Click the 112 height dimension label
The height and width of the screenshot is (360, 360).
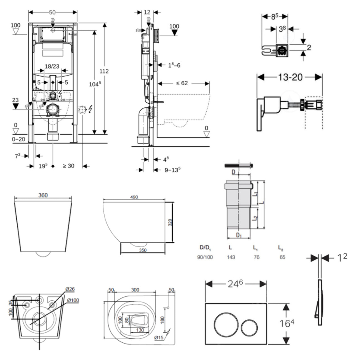coord(104,71)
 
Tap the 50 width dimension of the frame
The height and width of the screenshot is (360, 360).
coord(52,12)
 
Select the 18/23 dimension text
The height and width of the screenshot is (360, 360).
coord(52,66)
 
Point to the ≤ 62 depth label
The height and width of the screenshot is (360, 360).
coord(182,83)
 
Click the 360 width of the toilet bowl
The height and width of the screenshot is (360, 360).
coord(43,195)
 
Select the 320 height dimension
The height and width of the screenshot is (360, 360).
coord(170,222)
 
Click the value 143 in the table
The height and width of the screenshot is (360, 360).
coord(231,257)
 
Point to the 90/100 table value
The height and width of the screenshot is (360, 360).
coord(205,257)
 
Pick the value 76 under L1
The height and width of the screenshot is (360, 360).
coord(256,257)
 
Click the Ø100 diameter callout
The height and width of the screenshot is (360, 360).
coord(73,300)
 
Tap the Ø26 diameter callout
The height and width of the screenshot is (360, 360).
coord(70,289)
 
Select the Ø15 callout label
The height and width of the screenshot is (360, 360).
coord(159,338)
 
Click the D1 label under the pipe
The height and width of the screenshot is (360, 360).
coord(239,236)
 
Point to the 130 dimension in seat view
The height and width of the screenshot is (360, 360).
coord(140,330)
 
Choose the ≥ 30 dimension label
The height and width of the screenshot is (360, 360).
coord(68,166)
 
